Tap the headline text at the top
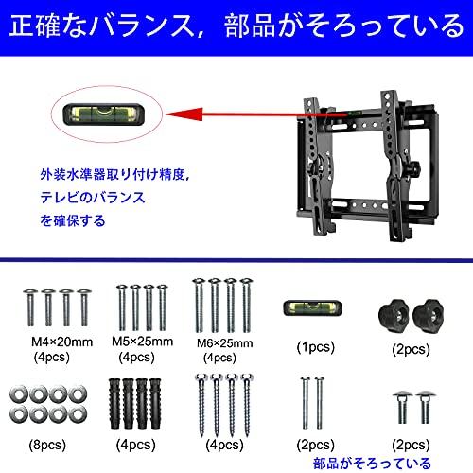(236, 24)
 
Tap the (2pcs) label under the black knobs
(411, 348)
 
